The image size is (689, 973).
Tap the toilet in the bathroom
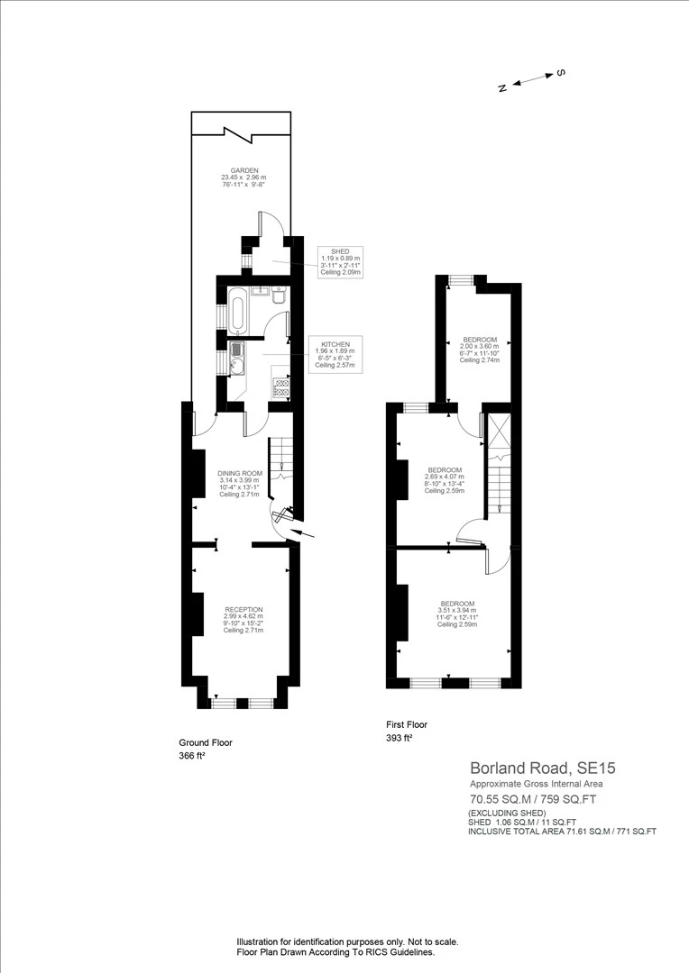(x=279, y=296)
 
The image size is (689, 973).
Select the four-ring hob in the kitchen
(x=281, y=387)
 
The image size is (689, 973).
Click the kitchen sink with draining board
(x=237, y=358)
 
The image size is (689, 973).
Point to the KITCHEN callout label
(x=335, y=354)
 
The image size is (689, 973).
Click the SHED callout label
(x=340, y=262)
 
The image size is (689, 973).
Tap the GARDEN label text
(x=243, y=177)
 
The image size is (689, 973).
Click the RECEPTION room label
(x=243, y=619)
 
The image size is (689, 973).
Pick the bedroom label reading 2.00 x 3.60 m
(x=480, y=350)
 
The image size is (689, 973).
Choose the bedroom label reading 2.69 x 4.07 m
(x=445, y=480)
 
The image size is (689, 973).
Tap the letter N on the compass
(x=502, y=87)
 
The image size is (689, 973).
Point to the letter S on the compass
(x=559, y=72)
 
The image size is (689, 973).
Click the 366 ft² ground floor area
(x=192, y=756)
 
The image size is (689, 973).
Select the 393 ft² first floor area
(x=399, y=738)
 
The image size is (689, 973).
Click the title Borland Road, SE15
(x=542, y=768)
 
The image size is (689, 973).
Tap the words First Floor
(x=406, y=724)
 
